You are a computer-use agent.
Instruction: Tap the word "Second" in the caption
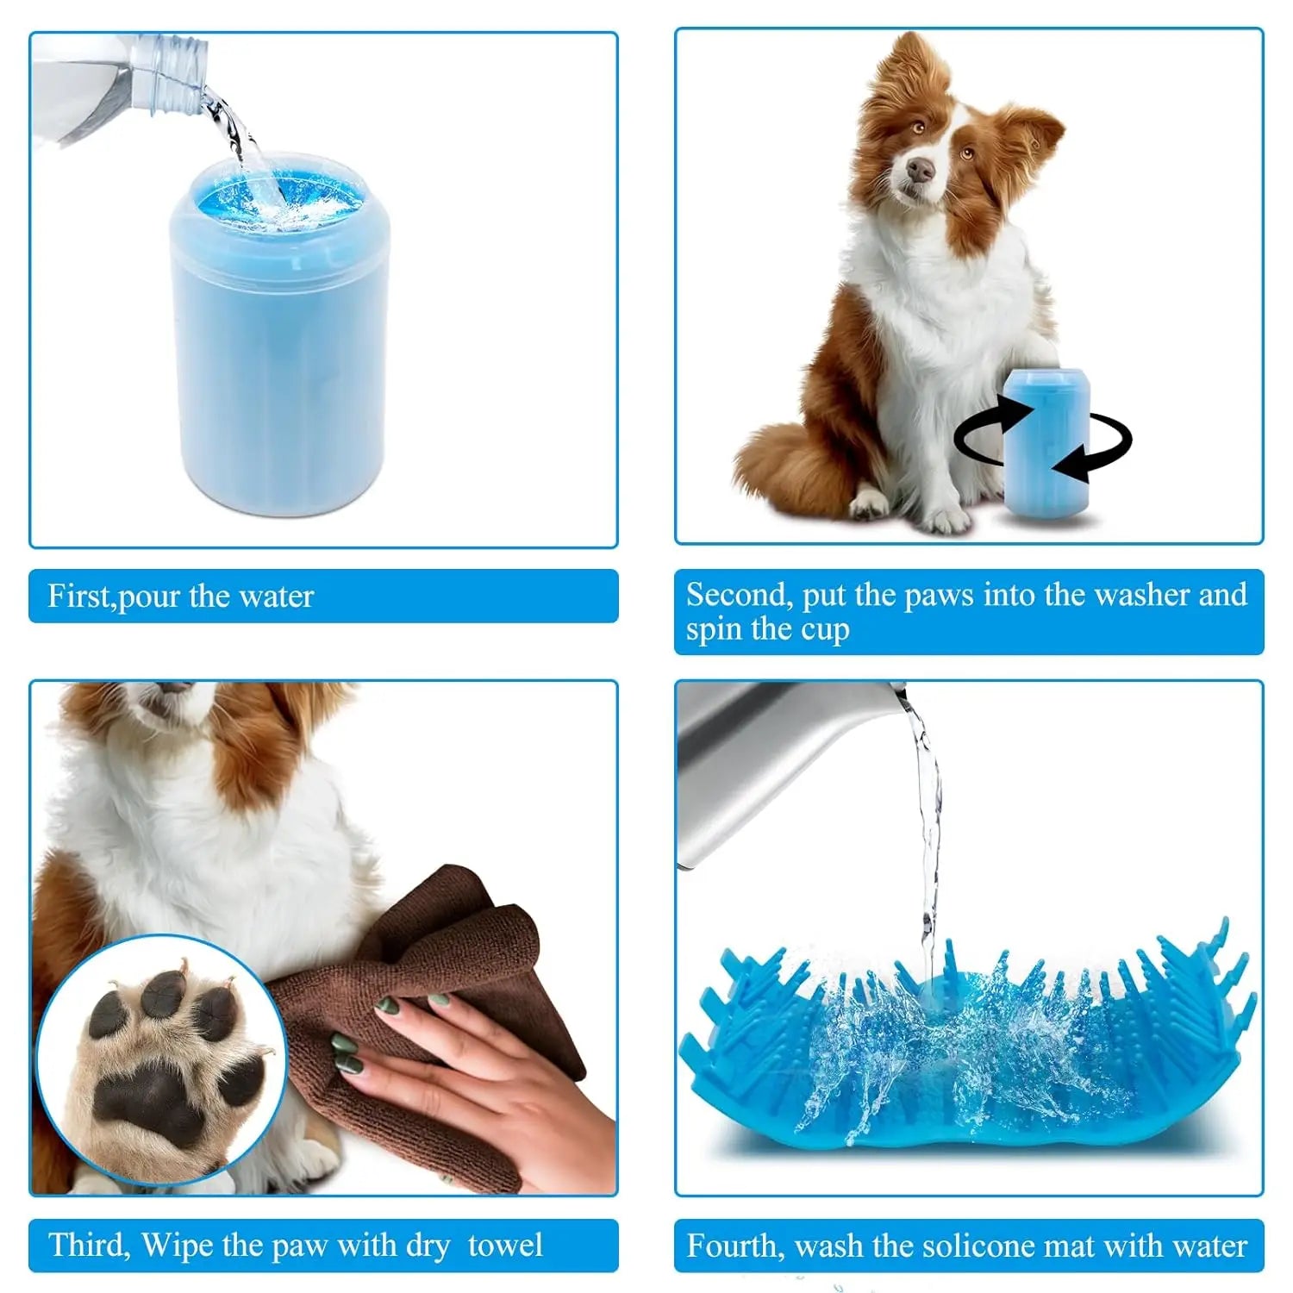[738, 595]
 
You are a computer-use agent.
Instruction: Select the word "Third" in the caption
[89, 1246]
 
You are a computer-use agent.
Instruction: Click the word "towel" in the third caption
[505, 1246]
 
